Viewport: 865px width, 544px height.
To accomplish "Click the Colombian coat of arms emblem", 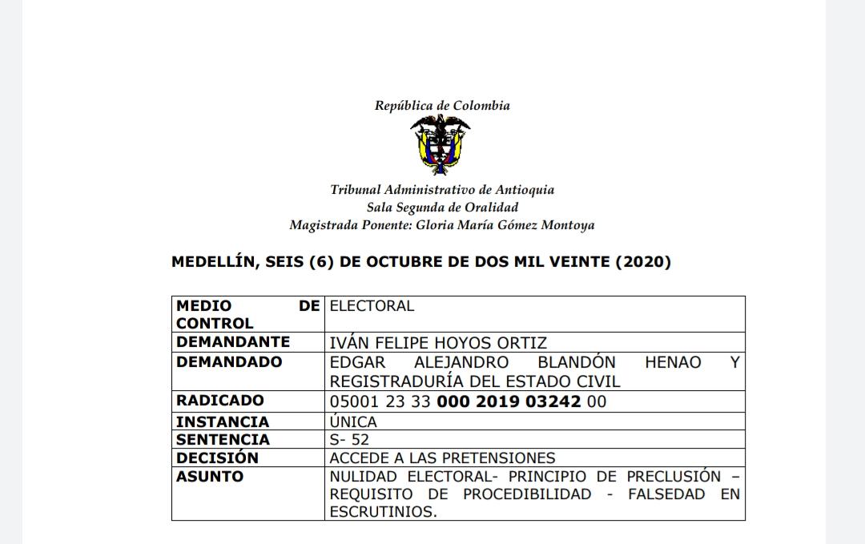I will click(x=440, y=145).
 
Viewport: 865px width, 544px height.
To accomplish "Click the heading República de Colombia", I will click(x=442, y=106).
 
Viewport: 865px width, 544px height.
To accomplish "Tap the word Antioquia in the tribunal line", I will click(x=525, y=190).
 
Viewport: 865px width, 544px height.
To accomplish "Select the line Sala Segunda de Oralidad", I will click(x=442, y=208).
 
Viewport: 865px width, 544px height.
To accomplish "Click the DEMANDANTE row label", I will click(x=233, y=342).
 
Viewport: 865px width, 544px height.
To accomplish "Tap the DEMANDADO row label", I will click(x=229, y=361).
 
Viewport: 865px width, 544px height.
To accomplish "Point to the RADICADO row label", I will click(x=219, y=401).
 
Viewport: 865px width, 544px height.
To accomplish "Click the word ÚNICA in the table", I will click(x=353, y=421).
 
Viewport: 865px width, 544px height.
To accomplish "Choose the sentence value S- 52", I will click(x=349, y=439).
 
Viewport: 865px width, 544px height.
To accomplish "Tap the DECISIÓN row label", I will click(x=217, y=457).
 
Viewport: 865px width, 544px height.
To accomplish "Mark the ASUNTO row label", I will click(x=210, y=477).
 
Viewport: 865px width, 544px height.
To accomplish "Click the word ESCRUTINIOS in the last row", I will click(x=384, y=512).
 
